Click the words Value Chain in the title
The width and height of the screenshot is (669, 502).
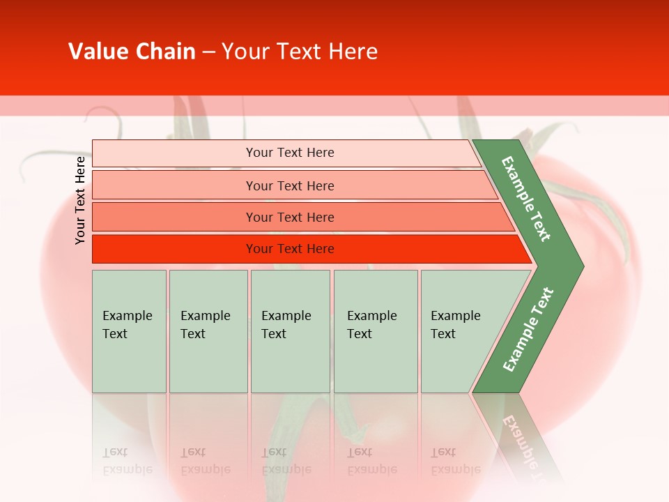(x=132, y=52)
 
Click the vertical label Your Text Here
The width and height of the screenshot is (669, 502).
(x=80, y=200)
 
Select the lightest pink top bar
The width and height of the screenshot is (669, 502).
(x=290, y=153)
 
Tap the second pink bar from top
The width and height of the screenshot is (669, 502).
(x=290, y=185)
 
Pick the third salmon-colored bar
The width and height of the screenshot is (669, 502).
(x=290, y=217)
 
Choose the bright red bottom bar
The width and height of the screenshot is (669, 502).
(x=290, y=249)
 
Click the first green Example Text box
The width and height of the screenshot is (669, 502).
(x=129, y=330)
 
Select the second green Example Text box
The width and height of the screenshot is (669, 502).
(x=208, y=330)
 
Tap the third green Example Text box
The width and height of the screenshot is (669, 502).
(x=290, y=330)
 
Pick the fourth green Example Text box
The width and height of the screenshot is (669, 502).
(x=375, y=330)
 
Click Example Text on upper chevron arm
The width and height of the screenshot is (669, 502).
(x=527, y=198)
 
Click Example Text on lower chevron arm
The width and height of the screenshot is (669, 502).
(x=528, y=329)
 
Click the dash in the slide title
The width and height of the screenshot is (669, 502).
(x=209, y=52)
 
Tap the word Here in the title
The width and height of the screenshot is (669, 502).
(x=353, y=52)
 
